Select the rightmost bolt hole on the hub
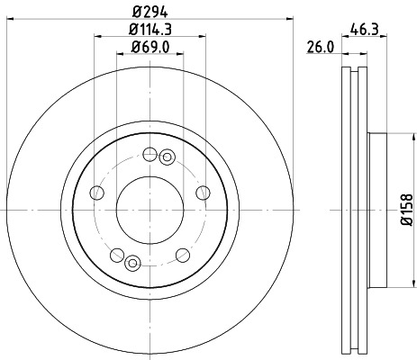coord(202,192)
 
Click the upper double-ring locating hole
coord(166,158)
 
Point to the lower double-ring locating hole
coord(132,262)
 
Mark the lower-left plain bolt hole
coord(116,256)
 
